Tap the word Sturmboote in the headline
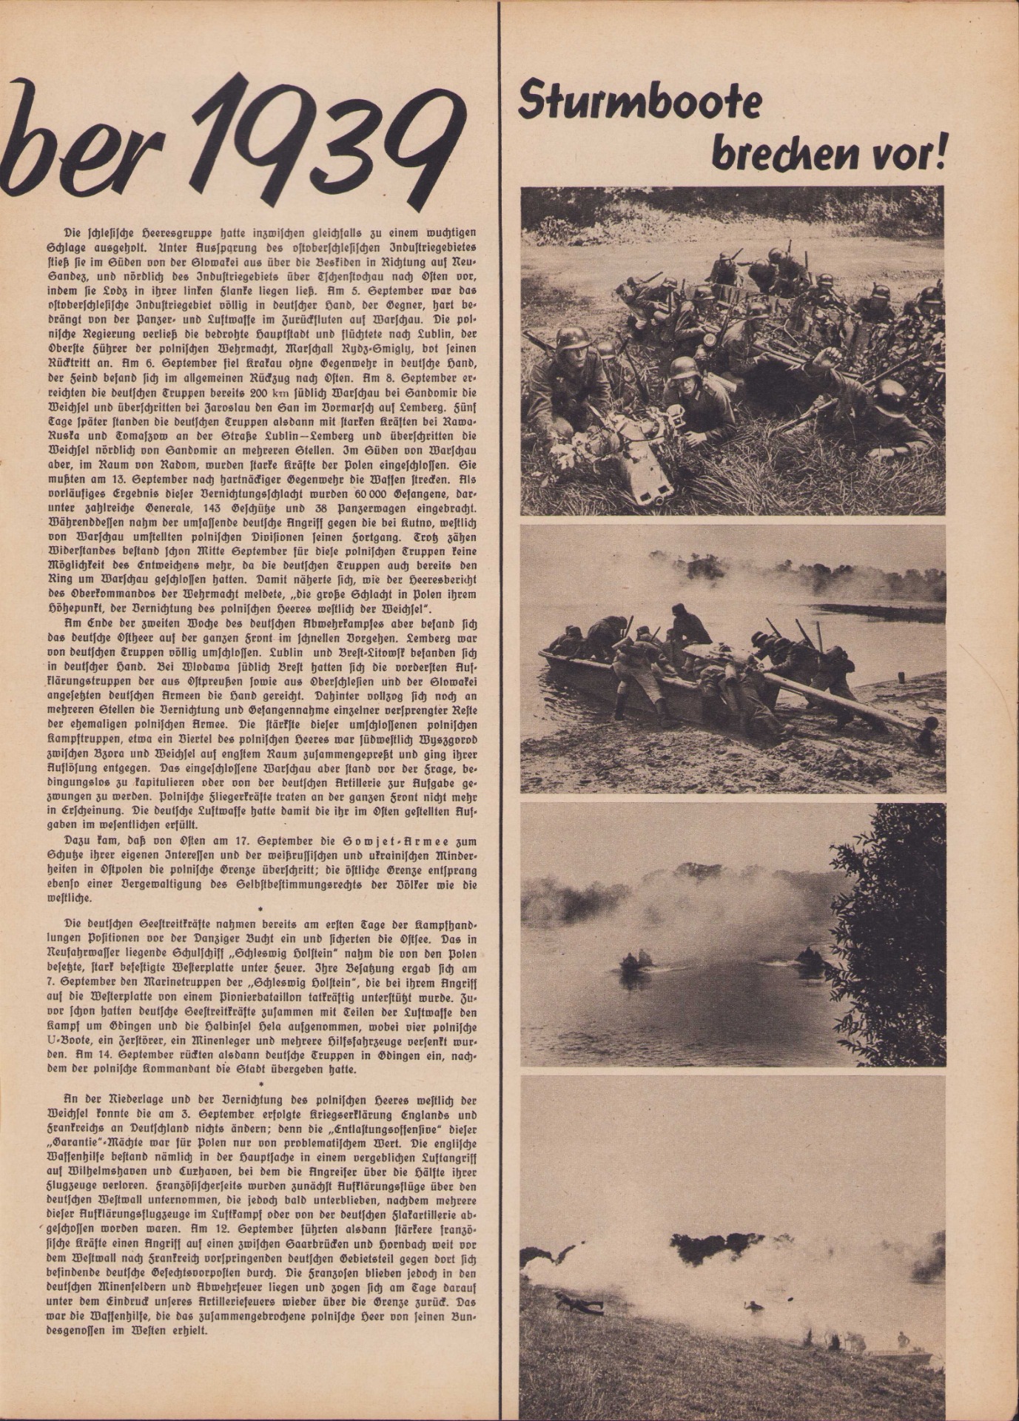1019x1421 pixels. point(639,101)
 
